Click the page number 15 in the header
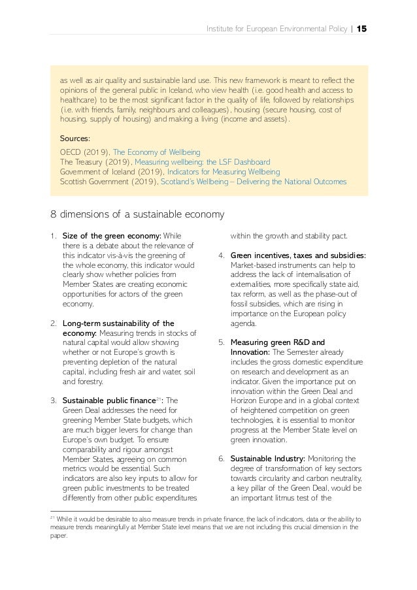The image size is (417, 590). tap(361, 29)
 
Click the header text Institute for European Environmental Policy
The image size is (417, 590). tap(275, 29)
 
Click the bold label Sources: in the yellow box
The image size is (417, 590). tap(75, 139)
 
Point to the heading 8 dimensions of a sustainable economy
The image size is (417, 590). tap(137, 214)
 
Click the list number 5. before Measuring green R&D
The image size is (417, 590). tap(222, 342)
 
